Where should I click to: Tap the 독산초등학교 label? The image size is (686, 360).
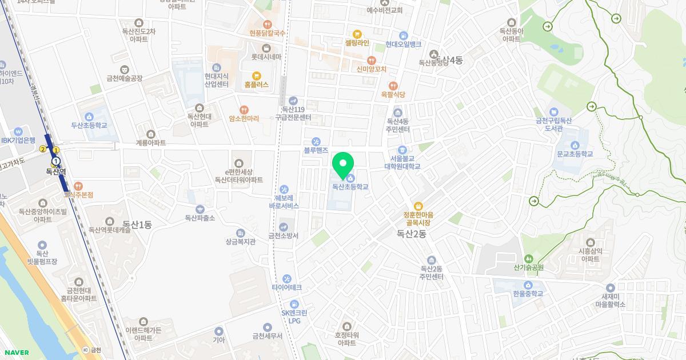pos(350,187)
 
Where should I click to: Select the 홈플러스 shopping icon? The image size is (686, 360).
pos(256,75)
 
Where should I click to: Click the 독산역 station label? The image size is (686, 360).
pos(56,171)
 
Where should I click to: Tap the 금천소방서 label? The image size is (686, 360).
pos(284,235)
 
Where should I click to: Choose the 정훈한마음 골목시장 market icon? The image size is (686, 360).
pos(418,206)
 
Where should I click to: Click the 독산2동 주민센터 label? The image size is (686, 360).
pos(432,273)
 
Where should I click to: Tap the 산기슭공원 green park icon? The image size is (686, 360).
pos(528,258)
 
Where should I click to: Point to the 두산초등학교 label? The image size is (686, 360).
pos(89,125)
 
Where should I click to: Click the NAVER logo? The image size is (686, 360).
pos(16,353)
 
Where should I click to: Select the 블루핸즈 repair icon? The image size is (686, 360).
pos(316,141)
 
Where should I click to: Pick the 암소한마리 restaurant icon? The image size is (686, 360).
pos(244,109)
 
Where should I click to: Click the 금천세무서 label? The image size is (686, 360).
pos(268,336)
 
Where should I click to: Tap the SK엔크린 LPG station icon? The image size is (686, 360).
pos(294,304)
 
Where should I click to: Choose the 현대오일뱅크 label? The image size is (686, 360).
pos(403,44)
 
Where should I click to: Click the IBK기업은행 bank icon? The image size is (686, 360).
pos(18,130)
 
